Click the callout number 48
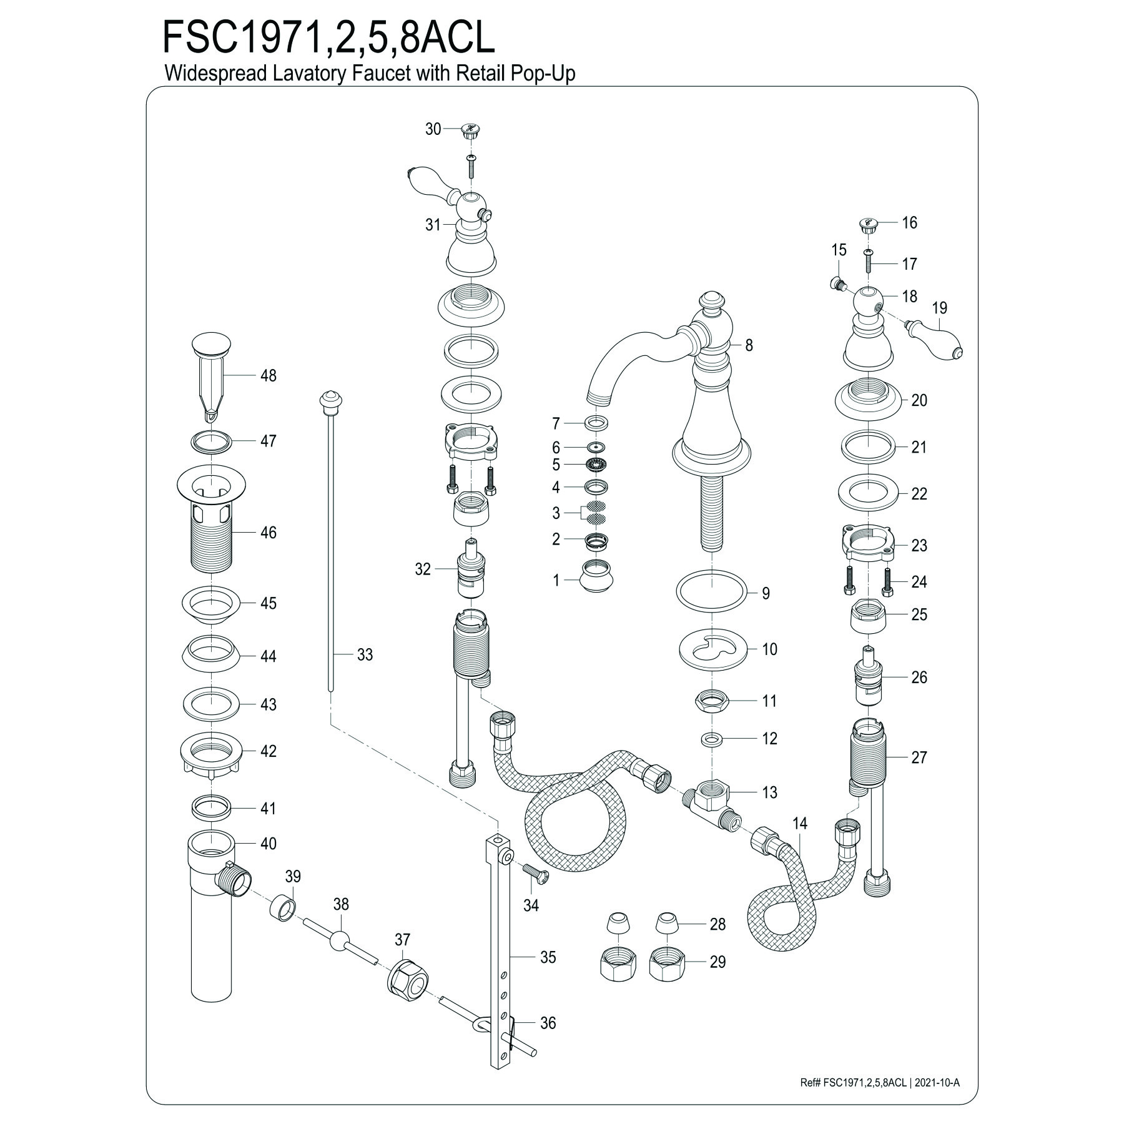[268, 375]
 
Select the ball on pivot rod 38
[340, 940]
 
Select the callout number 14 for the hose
[800, 824]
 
